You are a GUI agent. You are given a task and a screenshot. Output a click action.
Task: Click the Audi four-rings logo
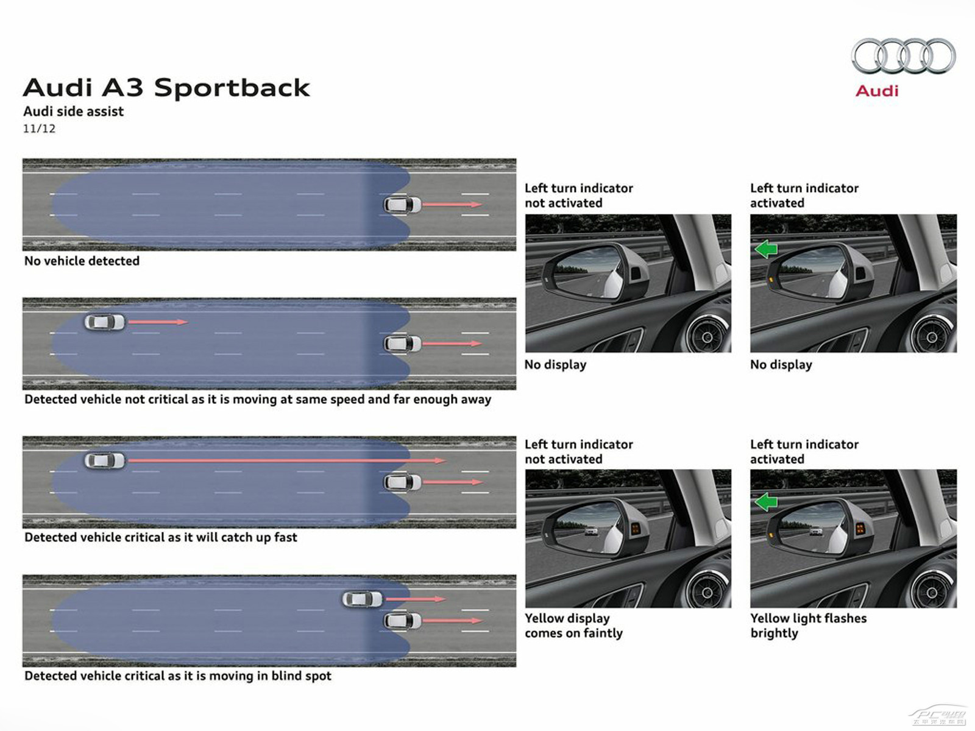click(x=903, y=56)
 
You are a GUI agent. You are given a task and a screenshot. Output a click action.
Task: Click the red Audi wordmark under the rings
click(x=877, y=91)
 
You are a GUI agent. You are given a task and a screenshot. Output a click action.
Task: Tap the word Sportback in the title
click(x=232, y=88)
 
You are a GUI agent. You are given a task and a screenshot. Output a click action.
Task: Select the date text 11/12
click(x=39, y=129)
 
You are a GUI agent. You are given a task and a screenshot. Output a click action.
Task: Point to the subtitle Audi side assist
click(x=73, y=111)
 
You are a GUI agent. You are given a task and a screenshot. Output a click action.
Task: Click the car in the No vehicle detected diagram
click(x=402, y=205)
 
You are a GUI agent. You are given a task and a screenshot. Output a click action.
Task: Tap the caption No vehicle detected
click(x=82, y=261)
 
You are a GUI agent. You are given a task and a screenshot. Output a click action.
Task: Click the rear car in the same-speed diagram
click(x=105, y=322)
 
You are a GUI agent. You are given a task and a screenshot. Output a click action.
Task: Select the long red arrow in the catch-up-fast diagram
click(x=287, y=461)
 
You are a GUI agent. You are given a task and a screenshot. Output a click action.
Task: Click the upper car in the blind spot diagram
click(x=363, y=599)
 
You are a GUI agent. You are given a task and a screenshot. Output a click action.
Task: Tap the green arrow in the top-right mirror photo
click(x=766, y=249)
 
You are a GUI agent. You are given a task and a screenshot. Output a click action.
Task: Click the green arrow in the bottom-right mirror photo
click(x=766, y=502)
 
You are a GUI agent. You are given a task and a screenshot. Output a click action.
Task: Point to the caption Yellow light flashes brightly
click(x=808, y=626)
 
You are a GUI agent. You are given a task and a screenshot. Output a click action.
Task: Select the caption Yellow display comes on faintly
click(x=573, y=626)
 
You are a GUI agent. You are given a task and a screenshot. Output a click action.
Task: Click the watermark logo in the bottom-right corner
click(x=938, y=716)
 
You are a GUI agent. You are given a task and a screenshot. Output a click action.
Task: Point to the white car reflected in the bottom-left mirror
click(x=590, y=531)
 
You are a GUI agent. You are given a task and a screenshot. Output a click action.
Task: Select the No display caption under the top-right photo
click(x=781, y=365)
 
